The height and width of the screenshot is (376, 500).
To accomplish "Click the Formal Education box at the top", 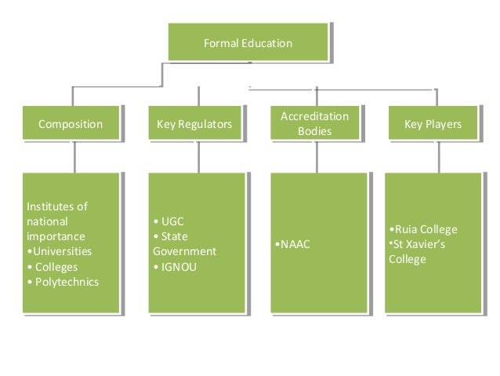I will click(248, 42).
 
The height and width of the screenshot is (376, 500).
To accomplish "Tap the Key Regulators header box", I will click(194, 124).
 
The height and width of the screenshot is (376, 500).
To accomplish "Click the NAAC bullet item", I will click(294, 245).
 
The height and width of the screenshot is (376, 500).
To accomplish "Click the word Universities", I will click(61, 251).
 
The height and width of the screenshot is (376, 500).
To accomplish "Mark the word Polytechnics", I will click(66, 282).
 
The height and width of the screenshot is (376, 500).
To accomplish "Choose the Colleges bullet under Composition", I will click(55, 267).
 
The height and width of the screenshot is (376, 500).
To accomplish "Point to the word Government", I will click(184, 252).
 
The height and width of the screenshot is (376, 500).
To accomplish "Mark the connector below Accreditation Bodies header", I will click(317, 156).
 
